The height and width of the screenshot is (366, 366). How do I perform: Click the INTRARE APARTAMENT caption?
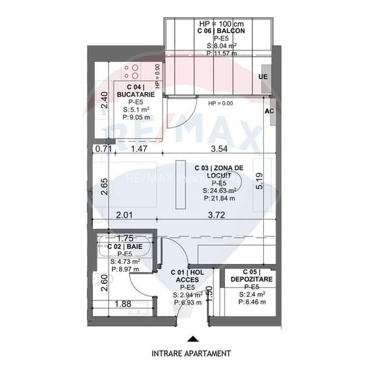point(191,354)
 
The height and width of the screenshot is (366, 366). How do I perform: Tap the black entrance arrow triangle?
point(191,339)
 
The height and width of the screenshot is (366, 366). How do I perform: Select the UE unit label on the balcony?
point(263,77)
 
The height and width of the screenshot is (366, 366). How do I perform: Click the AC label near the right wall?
point(268,111)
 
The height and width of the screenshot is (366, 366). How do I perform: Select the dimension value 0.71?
point(103,150)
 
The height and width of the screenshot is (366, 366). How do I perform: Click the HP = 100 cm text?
point(216,24)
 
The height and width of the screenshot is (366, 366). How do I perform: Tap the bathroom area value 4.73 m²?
point(124,261)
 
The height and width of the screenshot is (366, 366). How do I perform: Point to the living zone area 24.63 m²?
point(218,190)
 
